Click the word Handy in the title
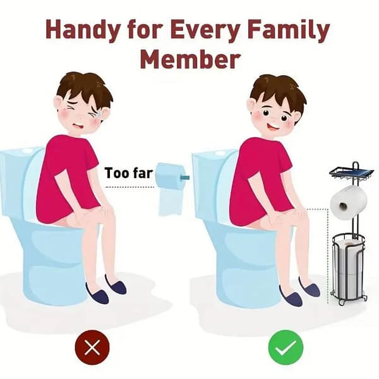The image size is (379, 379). pyautogui.click(x=82, y=30)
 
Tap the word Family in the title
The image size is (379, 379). pyautogui.click(x=289, y=30)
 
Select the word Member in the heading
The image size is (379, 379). pyautogui.click(x=190, y=59)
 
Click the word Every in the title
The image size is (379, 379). pyautogui.click(x=205, y=30)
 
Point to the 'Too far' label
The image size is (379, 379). pyautogui.click(x=129, y=173)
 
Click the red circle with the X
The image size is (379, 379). pyautogui.click(x=92, y=347)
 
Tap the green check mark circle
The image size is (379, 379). pyautogui.click(x=286, y=347)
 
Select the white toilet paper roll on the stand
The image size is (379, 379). pyautogui.click(x=349, y=202)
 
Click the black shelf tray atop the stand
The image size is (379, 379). pyautogui.click(x=352, y=173)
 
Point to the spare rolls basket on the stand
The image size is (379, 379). pyautogui.click(x=348, y=268)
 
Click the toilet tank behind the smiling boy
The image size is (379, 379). pyautogui.click(x=213, y=184)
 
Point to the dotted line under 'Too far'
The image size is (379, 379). pyautogui.click(x=130, y=187)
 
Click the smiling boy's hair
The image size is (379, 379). pyautogui.click(x=278, y=90)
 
